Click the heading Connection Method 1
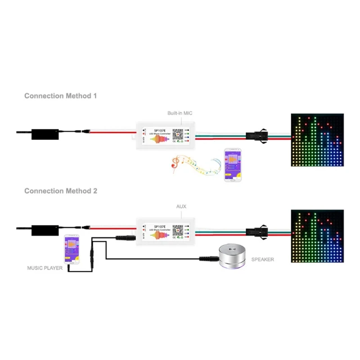pyautogui.click(x=60, y=96)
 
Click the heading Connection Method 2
pyautogui.click(x=60, y=191)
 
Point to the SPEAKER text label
pyautogui.click(x=262, y=260)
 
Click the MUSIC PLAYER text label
pyautogui.click(x=45, y=268)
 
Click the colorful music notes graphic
pyautogui.click(x=196, y=165)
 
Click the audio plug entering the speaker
pyautogui.click(x=207, y=259)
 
